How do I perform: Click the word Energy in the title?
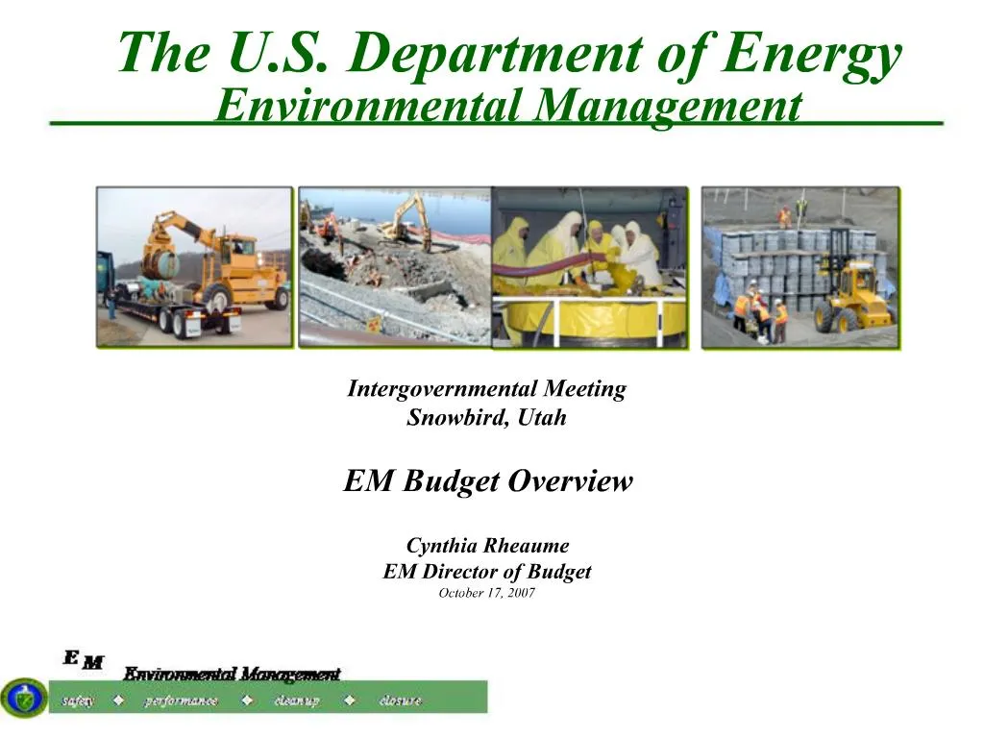(x=812, y=53)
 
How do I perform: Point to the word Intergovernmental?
(x=442, y=389)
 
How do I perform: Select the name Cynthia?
(x=443, y=546)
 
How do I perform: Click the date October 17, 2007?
(x=486, y=593)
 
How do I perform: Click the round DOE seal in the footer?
(x=24, y=698)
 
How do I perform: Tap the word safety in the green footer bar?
(x=79, y=701)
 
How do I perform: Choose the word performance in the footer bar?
(x=182, y=701)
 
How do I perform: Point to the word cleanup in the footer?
(x=297, y=701)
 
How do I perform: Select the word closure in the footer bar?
(x=400, y=701)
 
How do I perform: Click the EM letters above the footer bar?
(x=84, y=659)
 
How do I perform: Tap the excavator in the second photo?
(x=408, y=219)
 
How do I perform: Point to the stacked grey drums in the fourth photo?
(x=769, y=259)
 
